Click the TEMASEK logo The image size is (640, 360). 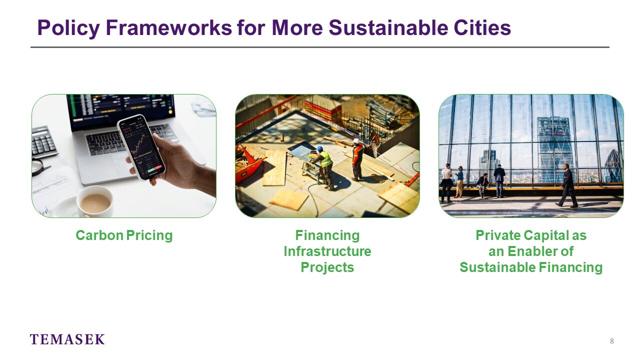67,339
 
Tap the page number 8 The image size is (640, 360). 611,341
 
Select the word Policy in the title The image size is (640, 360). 68,28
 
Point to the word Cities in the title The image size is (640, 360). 482,28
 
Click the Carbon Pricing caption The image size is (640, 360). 124,235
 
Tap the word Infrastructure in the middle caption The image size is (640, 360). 327,251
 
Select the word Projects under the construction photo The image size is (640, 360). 327,267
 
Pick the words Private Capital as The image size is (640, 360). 531,235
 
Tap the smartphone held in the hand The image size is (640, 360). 141,147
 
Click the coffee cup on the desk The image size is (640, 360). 95,201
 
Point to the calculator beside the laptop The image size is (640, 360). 43,142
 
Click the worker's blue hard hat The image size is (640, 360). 320,148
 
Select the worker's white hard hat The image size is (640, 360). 356,141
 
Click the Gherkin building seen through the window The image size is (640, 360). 613,166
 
